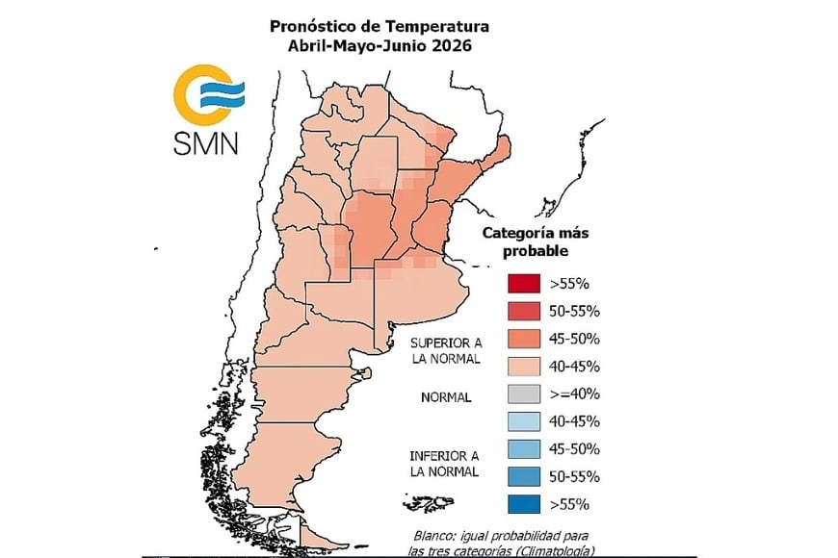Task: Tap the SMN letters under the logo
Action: pyautogui.click(x=206, y=143)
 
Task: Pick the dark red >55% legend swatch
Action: pyautogui.click(x=525, y=284)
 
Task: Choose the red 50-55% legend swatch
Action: pyautogui.click(x=525, y=311)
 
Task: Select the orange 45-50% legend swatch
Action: pyautogui.click(x=525, y=339)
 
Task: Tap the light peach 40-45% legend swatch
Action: pyautogui.click(x=525, y=367)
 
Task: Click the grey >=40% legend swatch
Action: pyautogui.click(x=525, y=393)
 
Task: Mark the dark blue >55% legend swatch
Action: pyautogui.click(x=525, y=504)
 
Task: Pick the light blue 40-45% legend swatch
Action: pyautogui.click(x=525, y=421)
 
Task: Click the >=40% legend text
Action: pyautogui.click(x=575, y=393)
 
